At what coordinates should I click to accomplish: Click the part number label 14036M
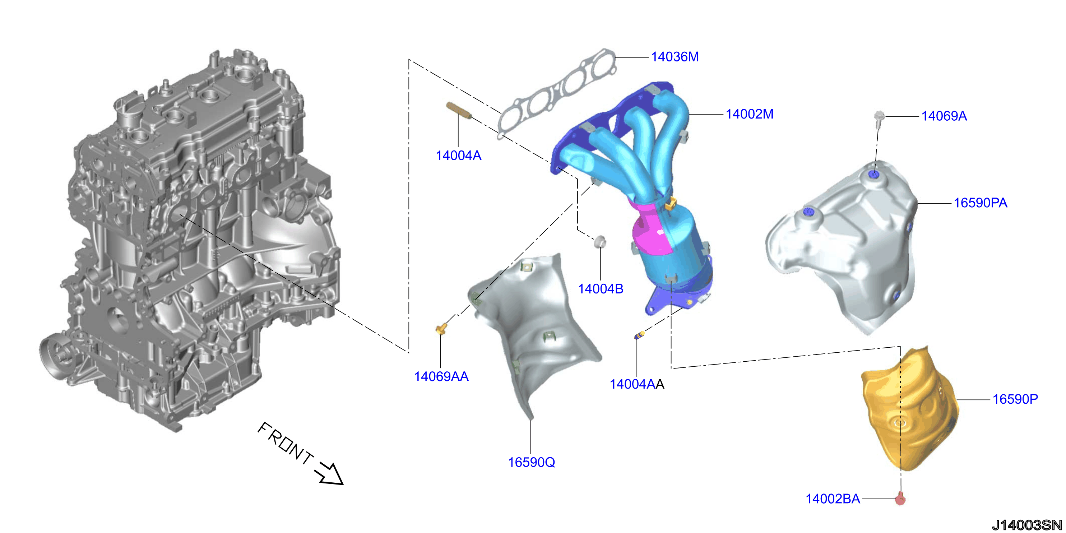[x=675, y=57]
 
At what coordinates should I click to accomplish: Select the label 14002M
[x=750, y=114]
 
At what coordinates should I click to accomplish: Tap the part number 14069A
[x=944, y=116]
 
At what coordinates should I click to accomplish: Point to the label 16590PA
[x=981, y=203]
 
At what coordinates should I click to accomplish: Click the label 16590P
[x=1015, y=399]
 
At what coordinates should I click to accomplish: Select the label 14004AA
[x=637, y=384]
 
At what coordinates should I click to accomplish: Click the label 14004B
[x=601, y=289]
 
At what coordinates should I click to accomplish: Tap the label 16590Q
[x=531, y=462]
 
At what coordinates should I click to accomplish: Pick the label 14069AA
[x=441, y=376]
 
